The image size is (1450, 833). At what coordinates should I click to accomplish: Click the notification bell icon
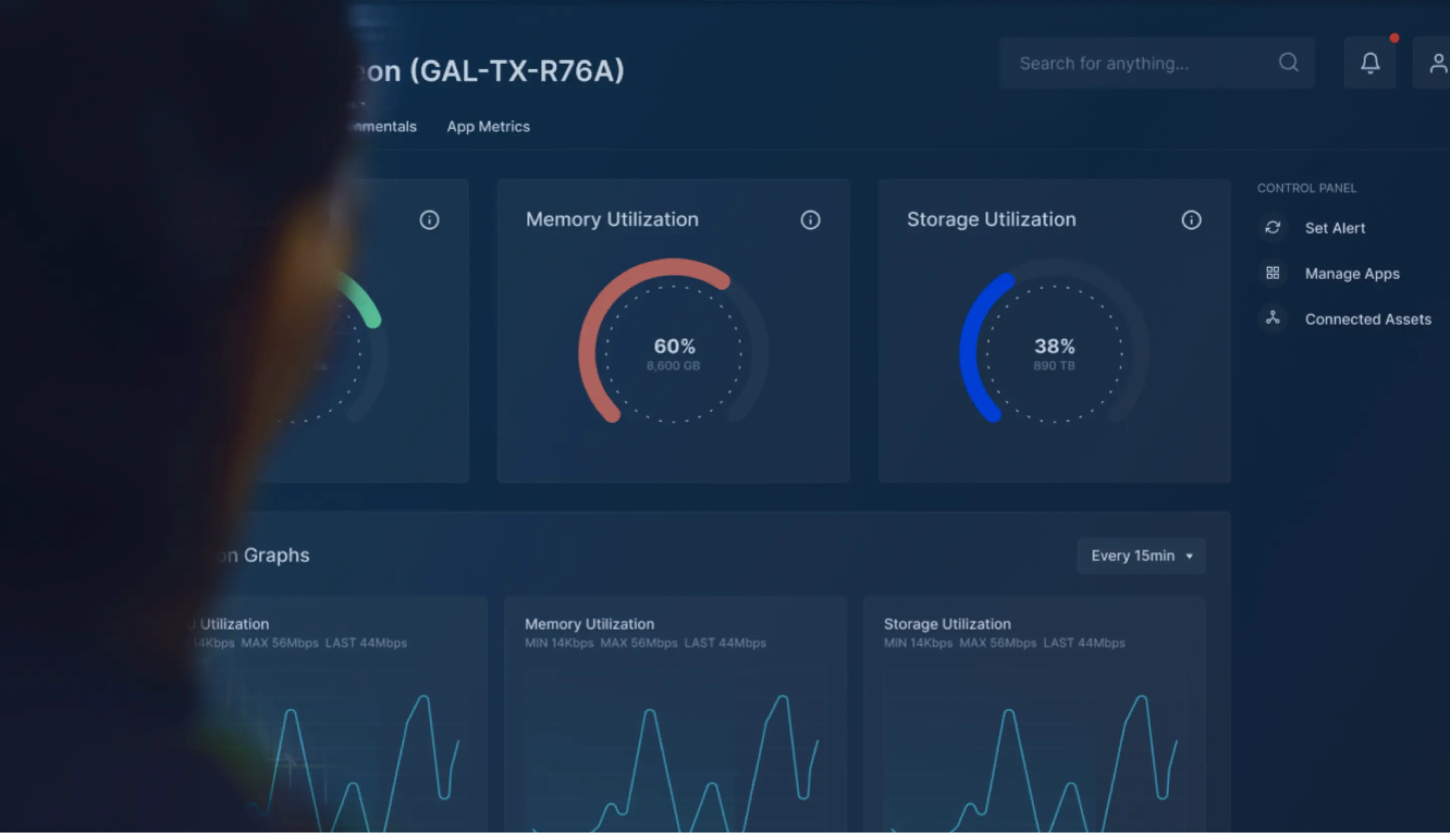coord(1370,63)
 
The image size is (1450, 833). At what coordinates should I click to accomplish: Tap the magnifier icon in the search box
coord(1288,62)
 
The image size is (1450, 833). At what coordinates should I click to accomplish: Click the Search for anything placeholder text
coord(1105,63)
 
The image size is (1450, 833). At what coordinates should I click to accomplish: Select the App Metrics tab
coord(488,126)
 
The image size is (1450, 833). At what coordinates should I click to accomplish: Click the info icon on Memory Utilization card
coord(810,219)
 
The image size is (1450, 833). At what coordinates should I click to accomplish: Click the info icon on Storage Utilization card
coord(1191,219)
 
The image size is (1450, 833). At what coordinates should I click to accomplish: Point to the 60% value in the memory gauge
coord(675,346)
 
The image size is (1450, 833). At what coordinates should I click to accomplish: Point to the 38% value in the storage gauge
coord(1055,346)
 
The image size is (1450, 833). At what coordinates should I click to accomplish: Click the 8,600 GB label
coord(673,366)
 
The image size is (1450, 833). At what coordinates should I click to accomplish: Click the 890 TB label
coord(1054,366)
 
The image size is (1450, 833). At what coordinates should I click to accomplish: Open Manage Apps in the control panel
coord(1352,274)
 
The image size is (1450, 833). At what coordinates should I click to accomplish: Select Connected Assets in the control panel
coord(1367,319)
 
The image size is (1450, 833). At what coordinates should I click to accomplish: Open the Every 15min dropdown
coord(1141,556)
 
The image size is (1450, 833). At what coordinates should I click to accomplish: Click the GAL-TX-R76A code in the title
coord(517,71)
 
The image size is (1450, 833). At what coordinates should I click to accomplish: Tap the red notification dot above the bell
coord(1395,38)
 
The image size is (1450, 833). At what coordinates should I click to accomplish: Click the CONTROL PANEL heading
coord(1307,188)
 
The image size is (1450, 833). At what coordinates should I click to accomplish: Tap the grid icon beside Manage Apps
coord(1273,273)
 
